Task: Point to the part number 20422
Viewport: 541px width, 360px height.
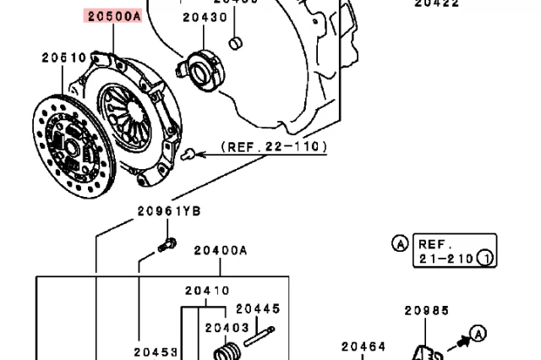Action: [436, 3]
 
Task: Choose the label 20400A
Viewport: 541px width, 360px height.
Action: [220, 250]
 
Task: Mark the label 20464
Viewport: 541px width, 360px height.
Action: [363, 346]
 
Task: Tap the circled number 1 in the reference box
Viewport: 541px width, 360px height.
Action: [484, 259]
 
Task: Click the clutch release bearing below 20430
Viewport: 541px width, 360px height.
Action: [203, 69]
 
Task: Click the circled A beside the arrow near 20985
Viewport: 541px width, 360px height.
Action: [478, 333]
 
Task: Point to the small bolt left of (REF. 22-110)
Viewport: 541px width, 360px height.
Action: [192, 154]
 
